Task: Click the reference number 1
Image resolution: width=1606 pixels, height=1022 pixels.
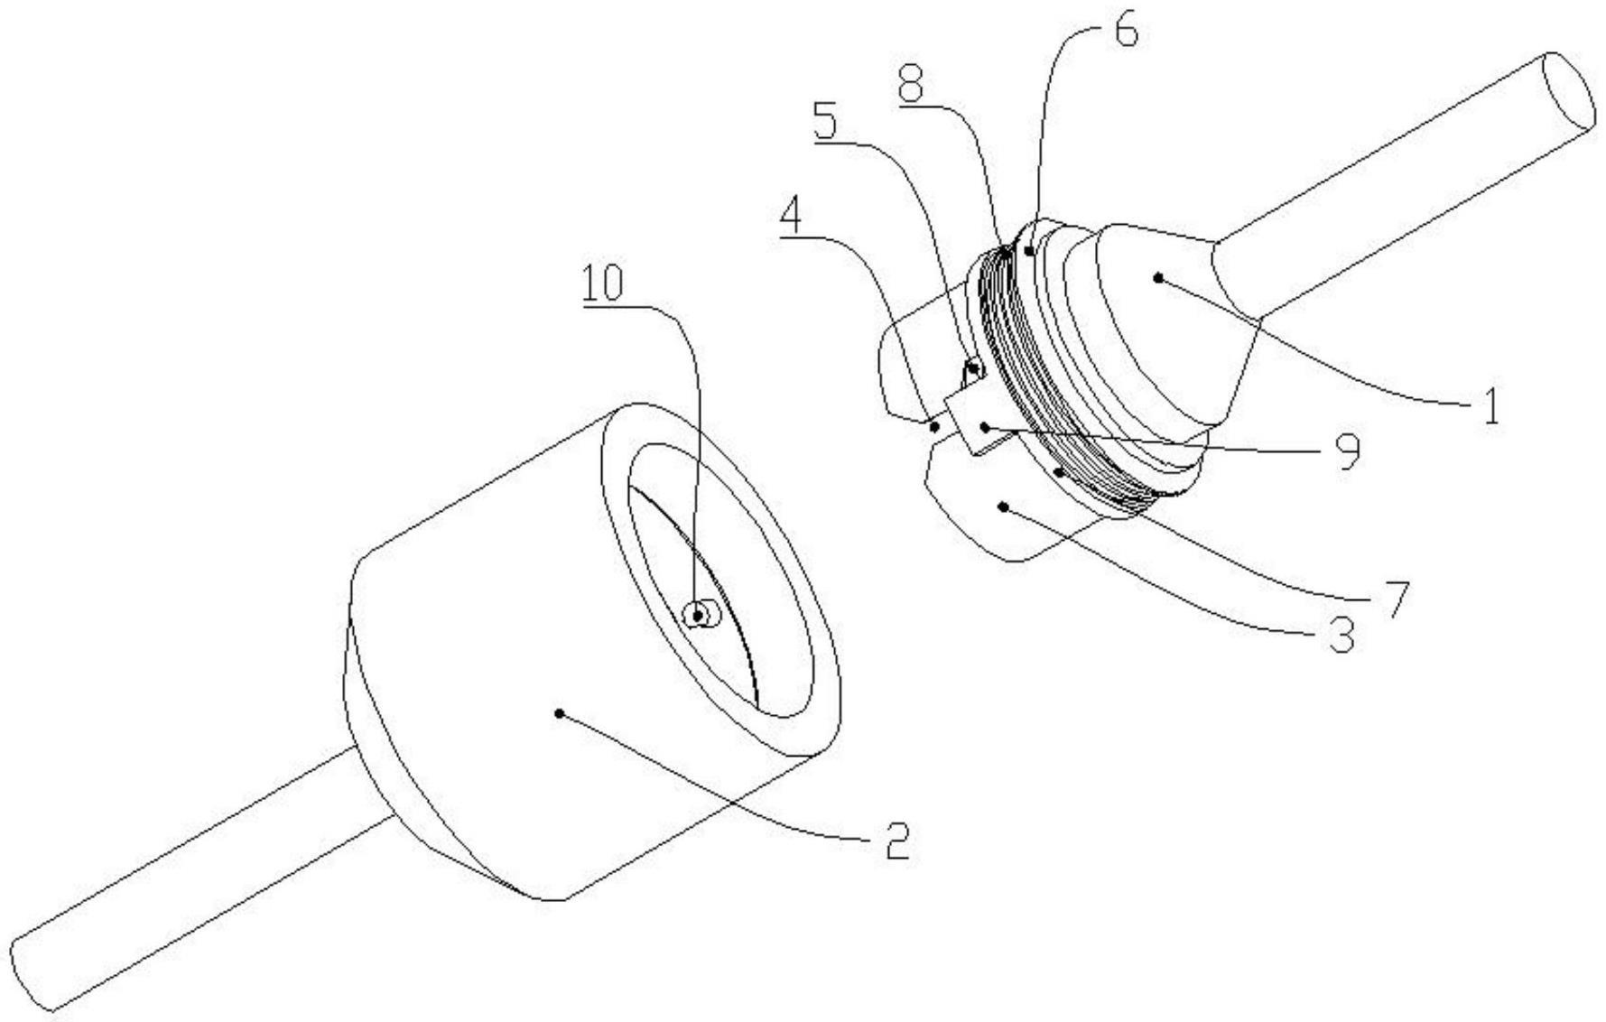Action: [x=1490, y=406]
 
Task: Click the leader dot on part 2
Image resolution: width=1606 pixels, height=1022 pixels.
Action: [x=560, y=713]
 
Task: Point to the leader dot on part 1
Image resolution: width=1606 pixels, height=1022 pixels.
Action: [x=1157, y=279]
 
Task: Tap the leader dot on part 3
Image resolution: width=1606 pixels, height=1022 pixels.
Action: [x=1003, y=507]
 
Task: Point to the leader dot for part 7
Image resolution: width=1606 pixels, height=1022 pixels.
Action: [x=1058, y=470]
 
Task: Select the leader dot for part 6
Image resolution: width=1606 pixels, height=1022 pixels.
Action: [x=1028, y=250]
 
